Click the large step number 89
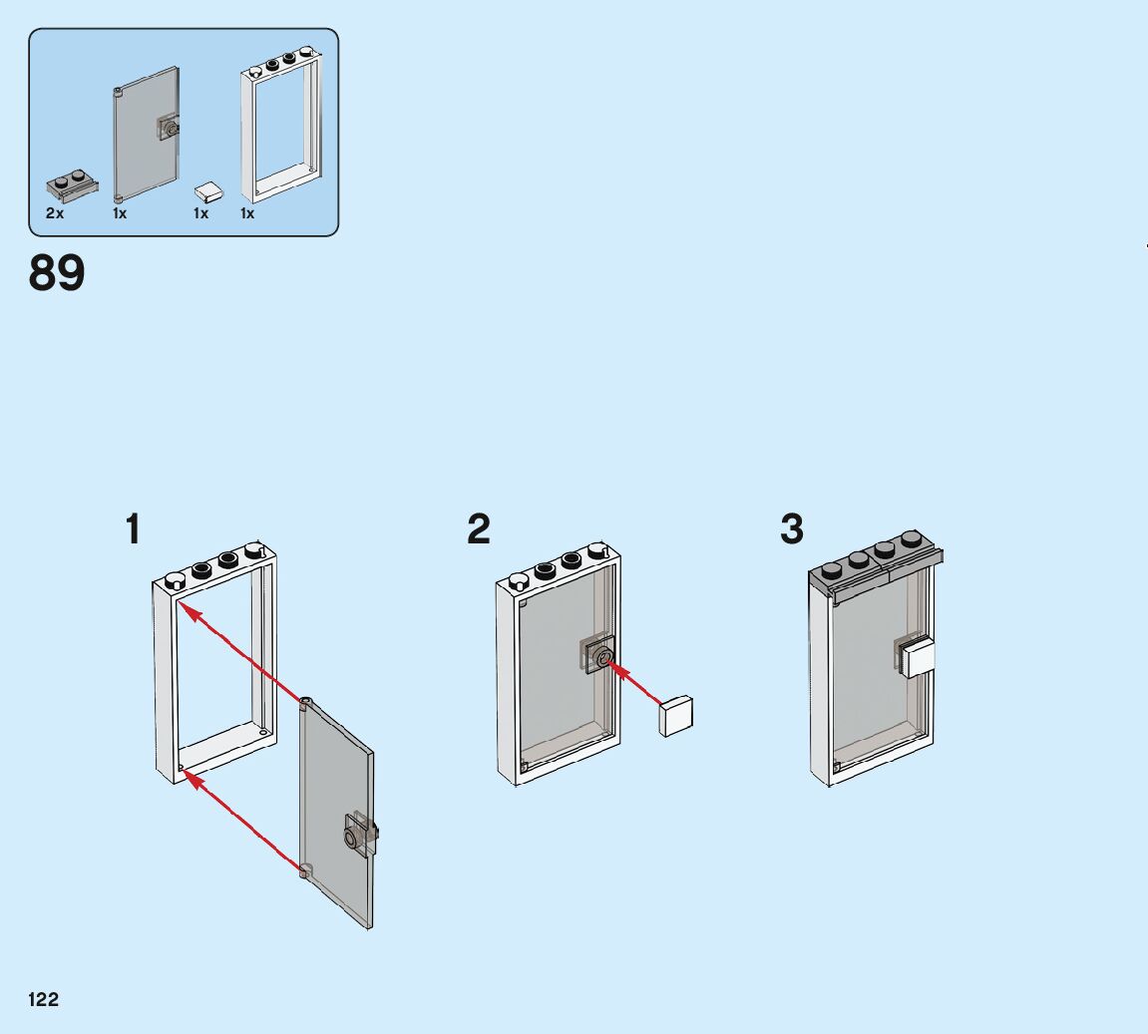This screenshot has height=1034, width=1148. click(57, 272)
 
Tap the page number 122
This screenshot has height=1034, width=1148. click(44, 1000)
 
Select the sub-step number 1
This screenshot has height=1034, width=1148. click(132, 529)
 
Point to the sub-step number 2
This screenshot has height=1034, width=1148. click(479, 529)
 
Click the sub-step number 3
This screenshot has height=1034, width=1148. click(792, 529)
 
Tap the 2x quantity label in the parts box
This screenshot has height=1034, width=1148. click(54, 213)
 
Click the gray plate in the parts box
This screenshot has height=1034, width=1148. click(72, 185)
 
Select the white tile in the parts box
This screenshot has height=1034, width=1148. click(209, 190)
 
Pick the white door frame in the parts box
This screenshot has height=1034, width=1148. click(282, 124)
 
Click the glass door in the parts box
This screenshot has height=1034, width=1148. click(146, 134)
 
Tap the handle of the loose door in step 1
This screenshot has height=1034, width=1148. click(357, 834)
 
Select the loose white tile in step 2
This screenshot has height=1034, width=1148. click(676, 715)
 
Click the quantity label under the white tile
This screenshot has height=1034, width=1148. click(201, 213)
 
